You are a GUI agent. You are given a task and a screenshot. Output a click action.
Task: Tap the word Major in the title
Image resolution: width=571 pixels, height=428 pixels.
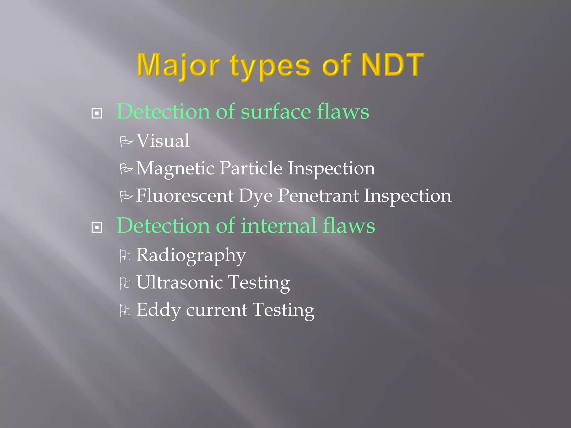[178, 65]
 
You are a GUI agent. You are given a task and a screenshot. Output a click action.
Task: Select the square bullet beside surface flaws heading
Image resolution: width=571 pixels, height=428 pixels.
[97, 113]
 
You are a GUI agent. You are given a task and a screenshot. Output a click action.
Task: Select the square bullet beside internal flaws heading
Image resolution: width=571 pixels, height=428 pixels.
[97, 228]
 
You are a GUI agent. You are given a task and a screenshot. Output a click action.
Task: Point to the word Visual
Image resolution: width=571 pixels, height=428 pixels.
[163, 141]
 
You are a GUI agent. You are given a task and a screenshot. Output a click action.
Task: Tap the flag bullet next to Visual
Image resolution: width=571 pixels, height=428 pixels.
[126, 141]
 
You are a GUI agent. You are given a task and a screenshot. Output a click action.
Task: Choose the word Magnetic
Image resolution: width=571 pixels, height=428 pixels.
[175, 169]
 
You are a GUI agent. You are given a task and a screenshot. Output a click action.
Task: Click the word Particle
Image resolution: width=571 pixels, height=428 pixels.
[251, 168]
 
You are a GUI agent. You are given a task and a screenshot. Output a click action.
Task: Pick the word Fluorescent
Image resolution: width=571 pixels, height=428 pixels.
[185, 196]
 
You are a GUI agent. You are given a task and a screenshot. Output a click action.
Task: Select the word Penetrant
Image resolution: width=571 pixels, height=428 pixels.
[318, 196]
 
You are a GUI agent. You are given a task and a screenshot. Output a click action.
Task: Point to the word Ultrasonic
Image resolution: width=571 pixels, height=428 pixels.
[179, 282]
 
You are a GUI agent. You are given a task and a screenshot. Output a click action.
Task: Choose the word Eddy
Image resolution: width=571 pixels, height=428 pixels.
[158, 310]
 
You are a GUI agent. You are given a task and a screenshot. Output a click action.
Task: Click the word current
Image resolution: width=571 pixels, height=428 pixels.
[217, 310]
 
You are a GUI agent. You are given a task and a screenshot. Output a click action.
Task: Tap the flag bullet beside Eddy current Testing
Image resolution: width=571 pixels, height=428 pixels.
[125, 311]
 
